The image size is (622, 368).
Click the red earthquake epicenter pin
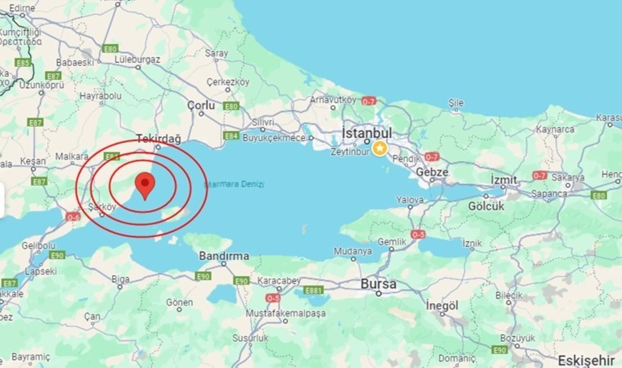145,184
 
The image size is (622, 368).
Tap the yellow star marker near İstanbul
380,148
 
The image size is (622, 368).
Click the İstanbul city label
367,133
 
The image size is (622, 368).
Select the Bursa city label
378,284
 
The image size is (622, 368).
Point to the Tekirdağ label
158,139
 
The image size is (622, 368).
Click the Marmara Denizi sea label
234,184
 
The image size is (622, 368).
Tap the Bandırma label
224,256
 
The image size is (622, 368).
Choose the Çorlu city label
201,105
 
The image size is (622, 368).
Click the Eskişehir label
586,361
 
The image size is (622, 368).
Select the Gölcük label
486,206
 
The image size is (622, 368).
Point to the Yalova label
410,200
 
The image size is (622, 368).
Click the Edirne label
22,8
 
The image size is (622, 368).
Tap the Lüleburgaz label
137,60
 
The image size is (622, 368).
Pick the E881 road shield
313,290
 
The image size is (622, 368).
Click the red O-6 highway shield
73,217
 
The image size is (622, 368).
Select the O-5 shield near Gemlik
418,234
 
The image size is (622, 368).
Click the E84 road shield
231,135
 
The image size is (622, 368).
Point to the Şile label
456,103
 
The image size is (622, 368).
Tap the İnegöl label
442,305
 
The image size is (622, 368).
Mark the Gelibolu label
38,246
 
